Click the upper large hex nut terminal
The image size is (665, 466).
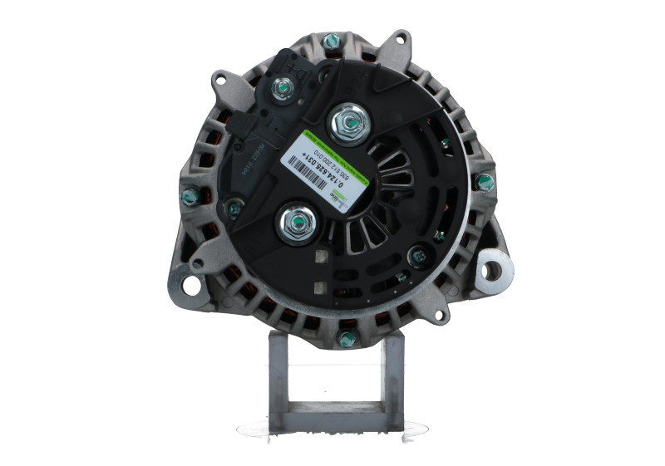[x=345, y=124]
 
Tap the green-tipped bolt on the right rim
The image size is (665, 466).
[x=485, y=182]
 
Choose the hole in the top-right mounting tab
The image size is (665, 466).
[x=402, y=38]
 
